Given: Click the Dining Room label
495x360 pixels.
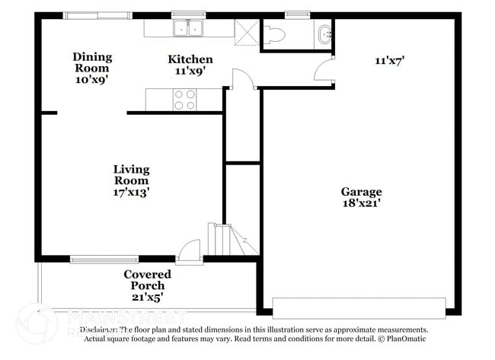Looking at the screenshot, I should click(x=92, y=62).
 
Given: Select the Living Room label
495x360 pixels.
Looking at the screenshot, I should click(x=131, y=174).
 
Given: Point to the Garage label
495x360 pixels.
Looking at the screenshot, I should click(x=361, y=192).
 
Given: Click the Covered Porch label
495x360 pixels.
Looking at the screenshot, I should click(x=147, y=279).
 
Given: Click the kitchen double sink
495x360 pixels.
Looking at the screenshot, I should click(x=187, y=28).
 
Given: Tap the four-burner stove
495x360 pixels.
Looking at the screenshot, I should click(x=185, y=100).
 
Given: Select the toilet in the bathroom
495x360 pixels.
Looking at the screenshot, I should click(x=273, y=33).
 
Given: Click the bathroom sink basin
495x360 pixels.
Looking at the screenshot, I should click(x=325, y=33).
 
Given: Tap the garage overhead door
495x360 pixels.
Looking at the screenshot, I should click(x=358, y=308).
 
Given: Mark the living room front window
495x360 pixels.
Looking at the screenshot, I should click(x=104, y=260).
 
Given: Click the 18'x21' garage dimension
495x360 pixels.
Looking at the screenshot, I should click(x=361, y=203).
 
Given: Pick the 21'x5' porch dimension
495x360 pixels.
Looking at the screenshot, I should click(x=147, y=297).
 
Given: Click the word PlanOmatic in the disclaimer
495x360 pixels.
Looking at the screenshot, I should click(x=404, y=339).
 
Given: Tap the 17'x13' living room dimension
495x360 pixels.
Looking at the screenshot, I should click(x=131, y=193).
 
